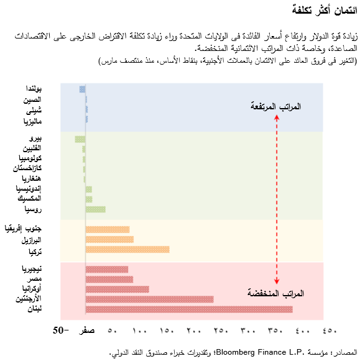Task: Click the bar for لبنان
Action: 188,309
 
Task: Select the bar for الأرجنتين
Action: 149,299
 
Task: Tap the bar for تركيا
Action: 127,249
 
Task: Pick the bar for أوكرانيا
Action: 117,289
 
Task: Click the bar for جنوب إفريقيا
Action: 107,229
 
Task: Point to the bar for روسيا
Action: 95,209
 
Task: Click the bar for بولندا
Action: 83,89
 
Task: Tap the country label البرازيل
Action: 30,240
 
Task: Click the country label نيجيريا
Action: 32,269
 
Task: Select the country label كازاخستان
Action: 27,168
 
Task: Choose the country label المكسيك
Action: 30,199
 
